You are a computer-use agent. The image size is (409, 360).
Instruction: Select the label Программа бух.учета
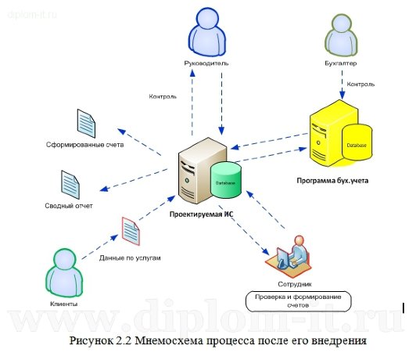click(332, 180)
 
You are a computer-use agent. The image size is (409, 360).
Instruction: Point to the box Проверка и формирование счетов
click(297, 300)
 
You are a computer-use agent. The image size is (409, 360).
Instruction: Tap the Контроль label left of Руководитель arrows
click(162, 97)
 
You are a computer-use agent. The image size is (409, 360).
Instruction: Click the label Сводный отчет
click(69, 206)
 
